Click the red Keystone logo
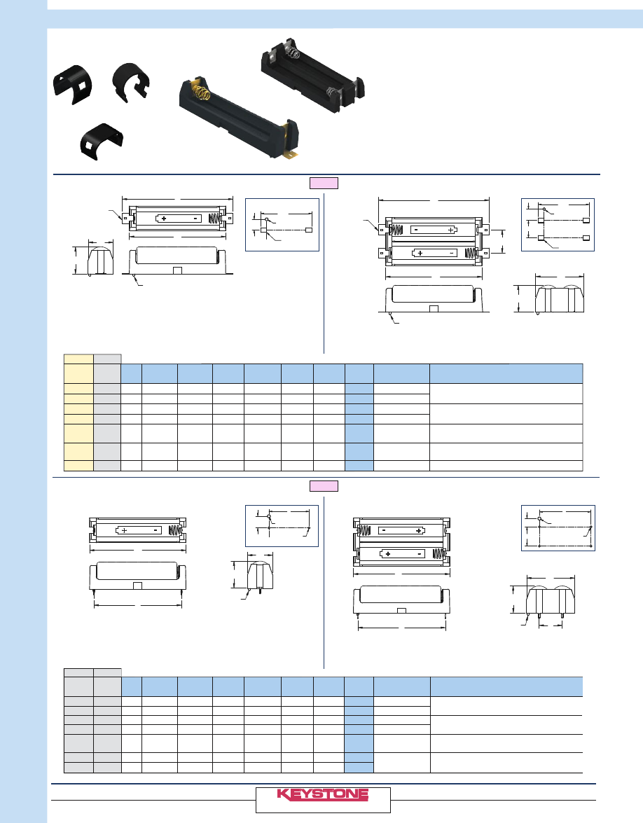[x=323, y=794]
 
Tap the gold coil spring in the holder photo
[x=202, y=93]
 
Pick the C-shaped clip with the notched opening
[x=131, y=83]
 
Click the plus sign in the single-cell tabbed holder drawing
[x=164, y=219]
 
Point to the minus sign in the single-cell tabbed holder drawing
[x=195, y=219]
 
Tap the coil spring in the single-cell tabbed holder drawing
[x=214, y=218]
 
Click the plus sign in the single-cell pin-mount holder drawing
[x=125, y=530]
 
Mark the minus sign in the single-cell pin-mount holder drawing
[x=155, y=530]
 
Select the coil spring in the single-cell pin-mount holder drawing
[x=175, y=531]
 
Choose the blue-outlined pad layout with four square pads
[x=558, y=225]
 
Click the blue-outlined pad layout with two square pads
[x=282, y=225]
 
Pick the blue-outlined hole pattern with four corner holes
[x=558, y=528]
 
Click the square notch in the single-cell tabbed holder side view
[x=177, y=270]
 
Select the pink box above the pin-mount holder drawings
[x=324, y=486]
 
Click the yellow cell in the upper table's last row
[x=78, y=466]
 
